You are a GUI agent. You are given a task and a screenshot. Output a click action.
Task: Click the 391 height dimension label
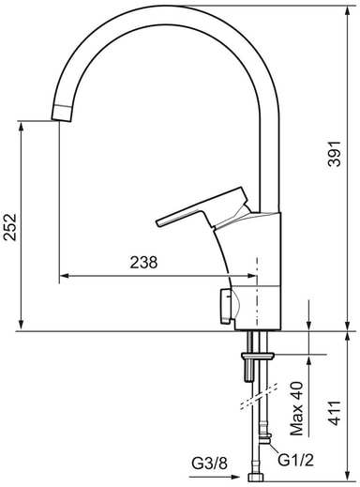coord(334,154)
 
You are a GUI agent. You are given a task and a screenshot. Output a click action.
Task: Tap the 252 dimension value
coord(10,227)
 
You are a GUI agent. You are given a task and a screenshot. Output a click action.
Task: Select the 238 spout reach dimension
coord(143,263)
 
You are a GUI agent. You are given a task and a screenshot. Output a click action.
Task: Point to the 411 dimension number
coord(335,413)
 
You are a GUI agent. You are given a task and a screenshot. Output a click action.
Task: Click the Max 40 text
coord(297,408)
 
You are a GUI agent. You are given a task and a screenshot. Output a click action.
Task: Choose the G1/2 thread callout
coord(295,460)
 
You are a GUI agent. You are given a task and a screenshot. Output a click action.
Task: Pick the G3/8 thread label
coord(209,464)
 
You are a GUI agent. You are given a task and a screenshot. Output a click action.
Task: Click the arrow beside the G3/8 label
coord(215,477)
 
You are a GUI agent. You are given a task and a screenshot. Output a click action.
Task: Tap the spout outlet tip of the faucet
coord(63,113)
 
